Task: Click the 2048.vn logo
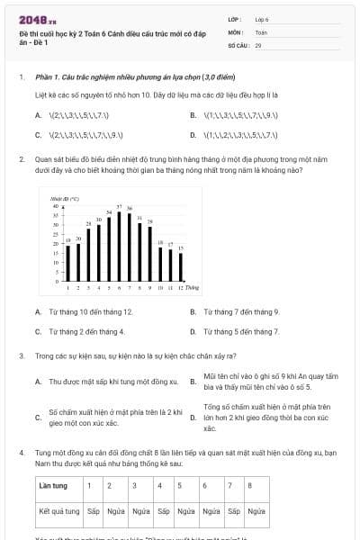tap(31, 19)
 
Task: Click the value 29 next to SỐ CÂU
tap(258, 44)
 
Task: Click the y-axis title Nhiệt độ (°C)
tap(66, 197)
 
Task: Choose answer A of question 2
tap(84, 311)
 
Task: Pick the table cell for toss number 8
tap(256, 485)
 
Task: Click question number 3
tap(21, 355)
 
